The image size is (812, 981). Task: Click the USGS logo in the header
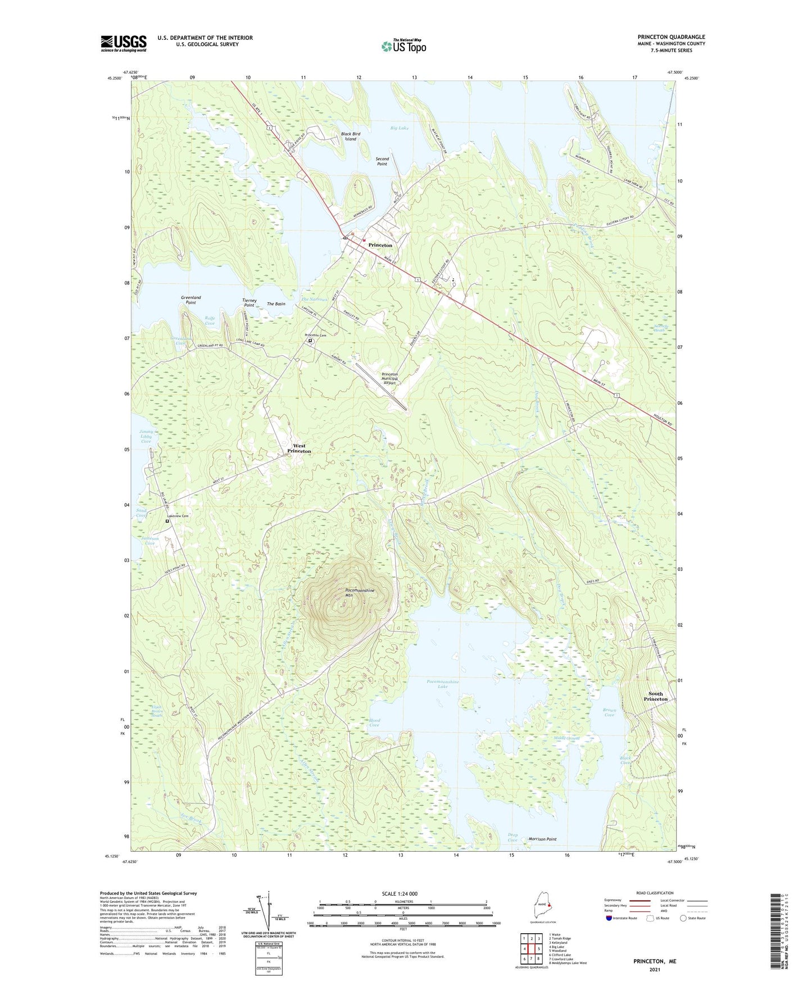click(x=124, y=43)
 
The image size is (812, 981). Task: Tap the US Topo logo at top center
click(x=403, y=46)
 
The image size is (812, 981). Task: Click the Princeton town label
click(x=380, y=246)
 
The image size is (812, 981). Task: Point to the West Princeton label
click(x=299, y=448)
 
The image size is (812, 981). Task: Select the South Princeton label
click(x=655, y=696)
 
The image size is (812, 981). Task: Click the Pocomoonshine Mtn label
click(x=359, y=593)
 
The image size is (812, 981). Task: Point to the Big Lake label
click(x=400, y=128)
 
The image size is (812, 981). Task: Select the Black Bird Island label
click(x=351, y=137)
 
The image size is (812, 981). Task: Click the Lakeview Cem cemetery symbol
click(x=167, y=521)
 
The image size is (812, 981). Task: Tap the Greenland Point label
click(x=191, y=300)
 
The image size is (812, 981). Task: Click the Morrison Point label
click(x=542, y=839)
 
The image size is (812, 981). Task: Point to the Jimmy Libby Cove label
click(x=146, y=437)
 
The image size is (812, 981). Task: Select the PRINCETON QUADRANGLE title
click(x=671, y=37)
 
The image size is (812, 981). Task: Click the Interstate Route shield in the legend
click(x=610, y=918)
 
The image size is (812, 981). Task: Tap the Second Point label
click(x=382, y=161)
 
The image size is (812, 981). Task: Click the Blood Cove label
click(x=375, y=723)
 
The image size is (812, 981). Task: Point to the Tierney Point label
click(x=250, y=302)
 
